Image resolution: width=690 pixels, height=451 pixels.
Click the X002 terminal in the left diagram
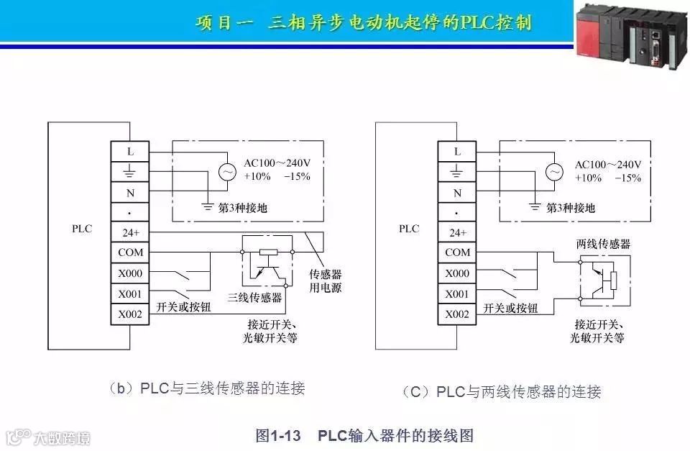tap(130, 314)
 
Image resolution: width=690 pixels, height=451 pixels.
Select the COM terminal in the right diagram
tap(458, 252)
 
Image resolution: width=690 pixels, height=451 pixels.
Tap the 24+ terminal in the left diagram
tap(130, 232)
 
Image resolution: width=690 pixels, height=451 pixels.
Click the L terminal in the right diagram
tap(458, 152)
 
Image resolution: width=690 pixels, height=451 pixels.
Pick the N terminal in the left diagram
tap(130, 193)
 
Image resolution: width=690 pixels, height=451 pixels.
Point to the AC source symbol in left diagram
tap(227, 172)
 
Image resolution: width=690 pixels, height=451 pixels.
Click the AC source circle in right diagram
tap(554, 172)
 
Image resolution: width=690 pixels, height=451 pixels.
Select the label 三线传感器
tap(254, 297)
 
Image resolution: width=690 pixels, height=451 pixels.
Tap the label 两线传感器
tap(603, 244)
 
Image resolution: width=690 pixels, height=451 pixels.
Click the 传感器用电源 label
tap(325, 281)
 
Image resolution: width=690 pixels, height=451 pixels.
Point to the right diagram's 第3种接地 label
tap(571, 208)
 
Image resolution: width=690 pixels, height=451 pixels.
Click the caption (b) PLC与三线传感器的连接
tap(206, 389)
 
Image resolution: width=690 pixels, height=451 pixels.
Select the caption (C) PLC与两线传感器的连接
tap(501, 392)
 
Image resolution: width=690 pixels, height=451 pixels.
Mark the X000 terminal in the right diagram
tap(458, 273)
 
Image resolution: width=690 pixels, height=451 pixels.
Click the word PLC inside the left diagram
tap(82, 229)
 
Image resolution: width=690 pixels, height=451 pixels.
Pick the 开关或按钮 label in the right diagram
tap(510, 308)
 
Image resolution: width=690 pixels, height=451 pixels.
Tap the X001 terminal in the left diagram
tap(130, 294)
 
